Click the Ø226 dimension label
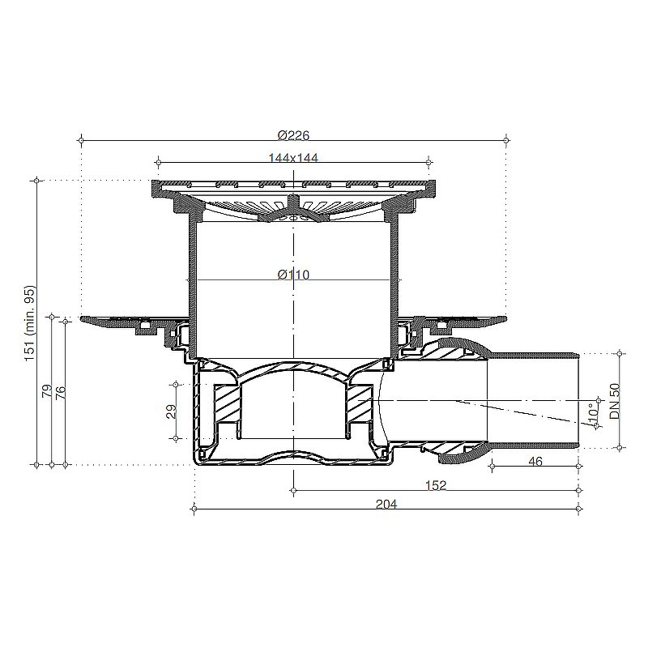click(293, 135)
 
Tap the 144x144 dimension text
click(293, 157)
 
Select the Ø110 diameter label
click(293, 275)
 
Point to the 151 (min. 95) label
click(32, 322)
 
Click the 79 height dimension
click(47, 390)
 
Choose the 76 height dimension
click(60, 393)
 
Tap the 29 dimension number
click(171, 411)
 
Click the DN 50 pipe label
click(616, 401)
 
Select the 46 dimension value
click(535, 461)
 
